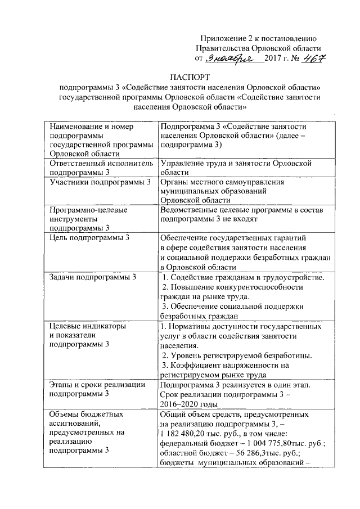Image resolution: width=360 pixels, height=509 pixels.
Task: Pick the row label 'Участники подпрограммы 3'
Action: (101, 182)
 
